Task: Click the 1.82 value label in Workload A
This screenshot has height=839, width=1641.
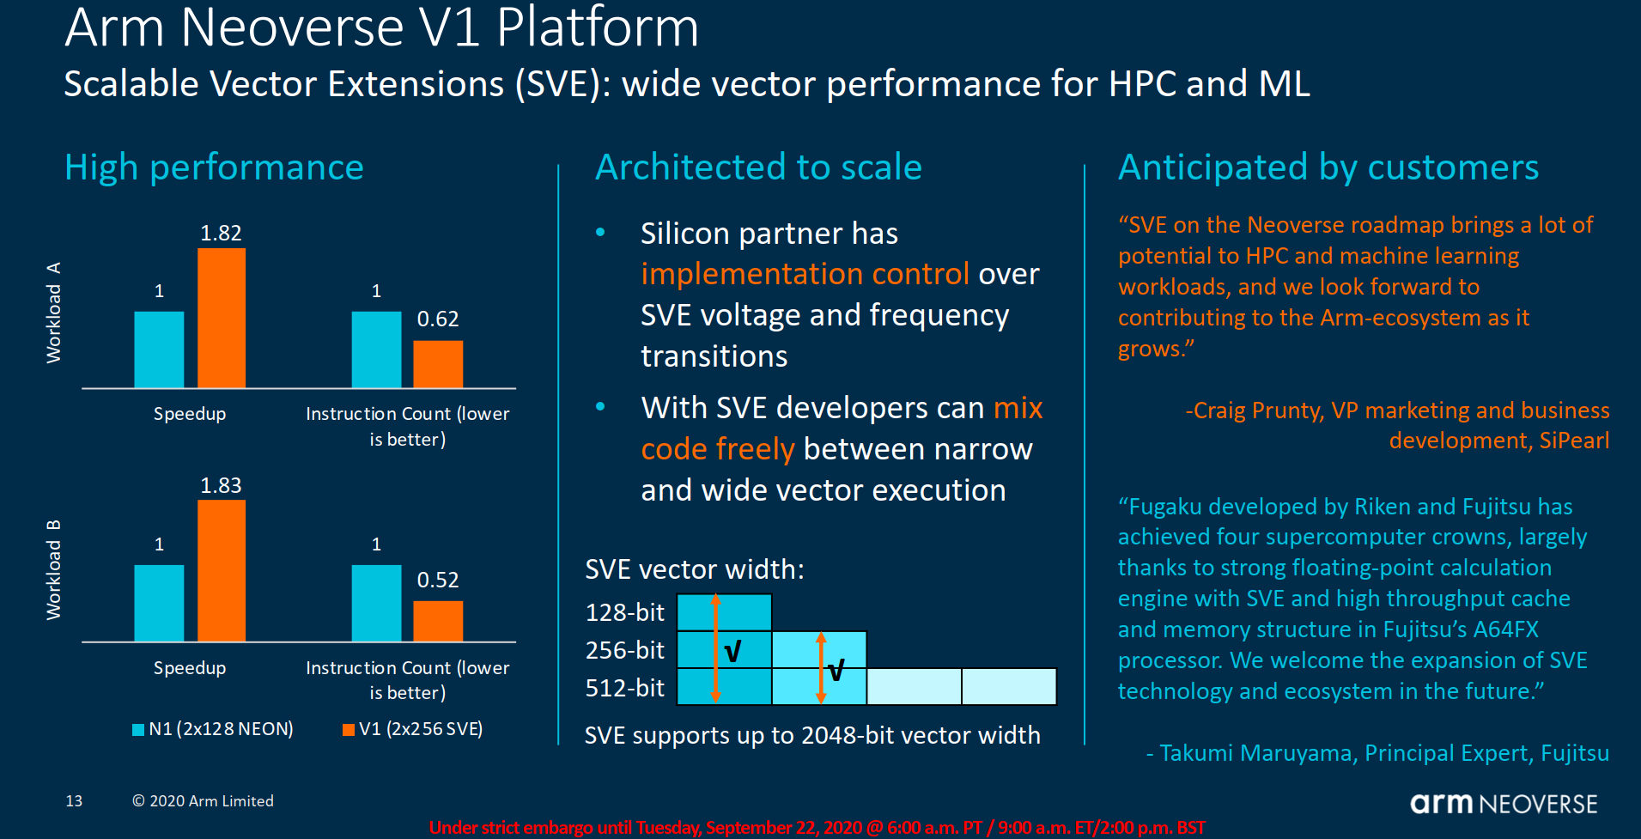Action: [x=221, y=233]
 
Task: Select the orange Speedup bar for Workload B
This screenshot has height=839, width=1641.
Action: [x=222, y=570]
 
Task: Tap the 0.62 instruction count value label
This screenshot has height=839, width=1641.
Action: [x=438, y=319]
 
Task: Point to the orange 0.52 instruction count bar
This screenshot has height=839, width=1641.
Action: [x=438, y=621]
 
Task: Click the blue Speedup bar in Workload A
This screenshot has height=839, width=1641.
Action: [x=159, y=350]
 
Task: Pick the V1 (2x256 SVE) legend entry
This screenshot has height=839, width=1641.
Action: [x=413, y=729]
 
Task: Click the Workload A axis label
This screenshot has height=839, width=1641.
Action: [x=53, y=313]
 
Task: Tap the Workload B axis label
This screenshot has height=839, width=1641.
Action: [x=53, y=569]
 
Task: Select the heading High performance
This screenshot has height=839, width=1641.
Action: [x=214, y=167]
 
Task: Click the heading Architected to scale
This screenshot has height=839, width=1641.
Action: [x=758, y=167]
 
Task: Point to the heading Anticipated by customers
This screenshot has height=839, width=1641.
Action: [x=1328, y=167]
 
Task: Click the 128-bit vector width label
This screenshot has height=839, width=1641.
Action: [x=624, y=612]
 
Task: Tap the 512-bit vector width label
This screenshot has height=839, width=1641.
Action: [x=624, y=688]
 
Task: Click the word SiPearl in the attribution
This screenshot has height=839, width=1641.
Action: [x=1574, y=441]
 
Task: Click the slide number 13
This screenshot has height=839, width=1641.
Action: [x=74, y=801]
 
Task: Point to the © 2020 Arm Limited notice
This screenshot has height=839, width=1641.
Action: [x=203, y=801]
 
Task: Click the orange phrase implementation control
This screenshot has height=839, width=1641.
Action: [x=805, y=274]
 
